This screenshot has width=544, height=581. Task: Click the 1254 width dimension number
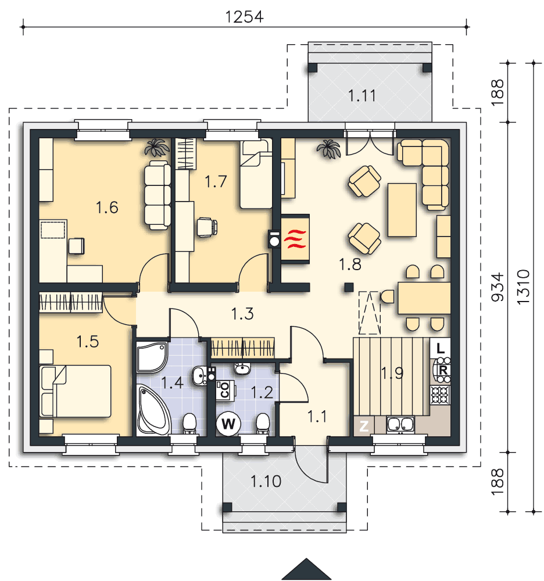coord(244,17)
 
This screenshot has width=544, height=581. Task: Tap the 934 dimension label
coord(498,287)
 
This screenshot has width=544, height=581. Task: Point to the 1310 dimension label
coord(523,287)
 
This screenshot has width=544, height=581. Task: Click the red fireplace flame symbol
coord(295,239)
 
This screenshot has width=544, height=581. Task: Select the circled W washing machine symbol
coord(228,424)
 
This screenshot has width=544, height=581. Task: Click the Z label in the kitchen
coord(364,426)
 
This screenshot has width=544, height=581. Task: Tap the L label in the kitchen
coord(440,348)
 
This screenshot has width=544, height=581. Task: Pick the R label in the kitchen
coord(443,370)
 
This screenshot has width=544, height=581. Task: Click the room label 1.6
coord(107,207)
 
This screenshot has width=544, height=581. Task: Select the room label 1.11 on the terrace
coord(362,96)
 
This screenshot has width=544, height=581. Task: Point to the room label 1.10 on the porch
coord(266,481)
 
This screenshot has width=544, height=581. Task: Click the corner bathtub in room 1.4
coord(153,410)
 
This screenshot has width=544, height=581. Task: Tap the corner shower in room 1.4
coord(152,357)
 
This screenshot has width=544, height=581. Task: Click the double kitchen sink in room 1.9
coord(400,425)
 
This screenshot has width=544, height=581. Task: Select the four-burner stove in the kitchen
coord(440,395)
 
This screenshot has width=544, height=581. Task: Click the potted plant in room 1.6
coord(156,148)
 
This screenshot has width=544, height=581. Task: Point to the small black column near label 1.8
coord(348,287)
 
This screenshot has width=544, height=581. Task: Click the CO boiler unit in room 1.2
coord(225,390)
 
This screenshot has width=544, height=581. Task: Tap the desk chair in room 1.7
coord(207,227)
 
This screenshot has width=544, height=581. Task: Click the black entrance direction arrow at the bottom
coord(306,569)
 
